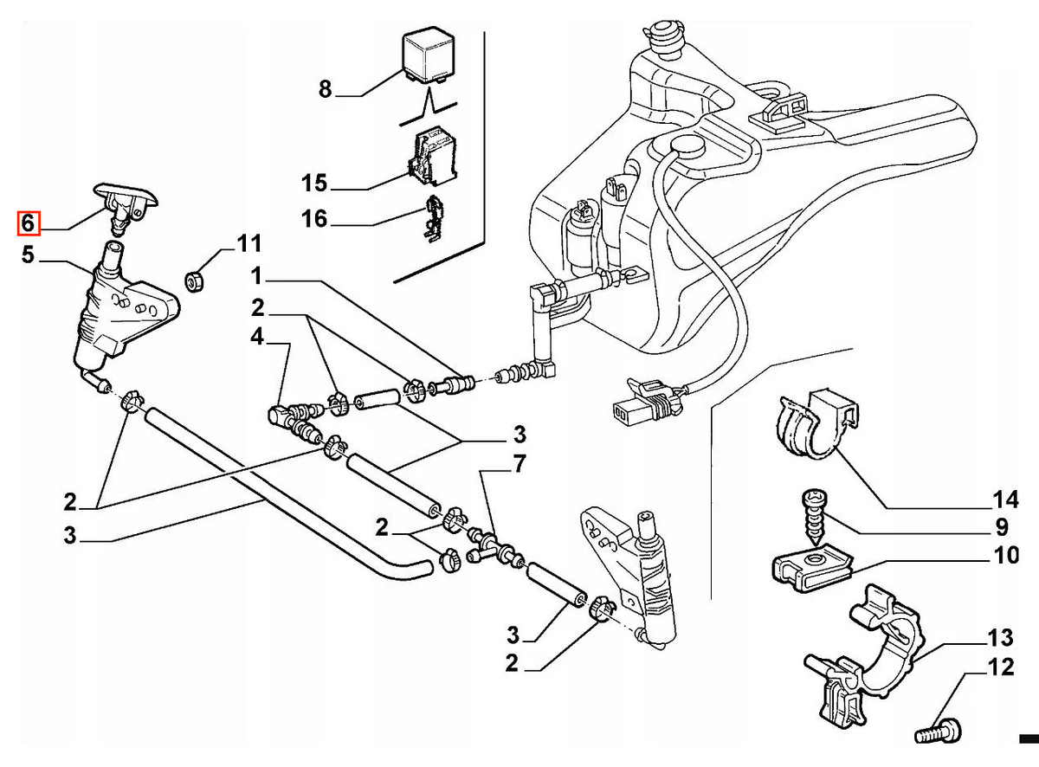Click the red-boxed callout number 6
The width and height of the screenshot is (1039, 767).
pos(28,223)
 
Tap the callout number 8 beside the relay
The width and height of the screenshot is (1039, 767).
pos(325,89)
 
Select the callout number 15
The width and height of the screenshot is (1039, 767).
pos(313,183)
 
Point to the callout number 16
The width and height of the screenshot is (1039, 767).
pos(313,219)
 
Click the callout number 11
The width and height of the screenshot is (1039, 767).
pos(248,244)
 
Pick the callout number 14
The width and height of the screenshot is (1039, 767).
pos(1005,500)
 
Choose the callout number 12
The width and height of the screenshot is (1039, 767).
pos(1001,667)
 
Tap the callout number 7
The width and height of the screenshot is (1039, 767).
pos(519,464)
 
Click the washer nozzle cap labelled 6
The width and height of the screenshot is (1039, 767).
pos(126,206)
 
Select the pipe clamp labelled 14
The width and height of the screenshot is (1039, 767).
pos(819,423)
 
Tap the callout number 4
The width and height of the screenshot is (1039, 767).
pos(256,337)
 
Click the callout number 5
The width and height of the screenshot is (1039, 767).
pos(28,255)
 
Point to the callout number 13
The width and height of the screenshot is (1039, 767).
pos(1000,637)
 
